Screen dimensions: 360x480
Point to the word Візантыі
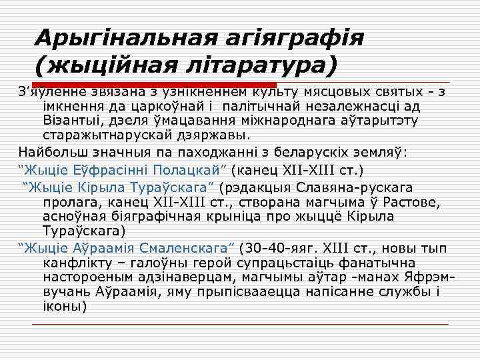tap(68, 121)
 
